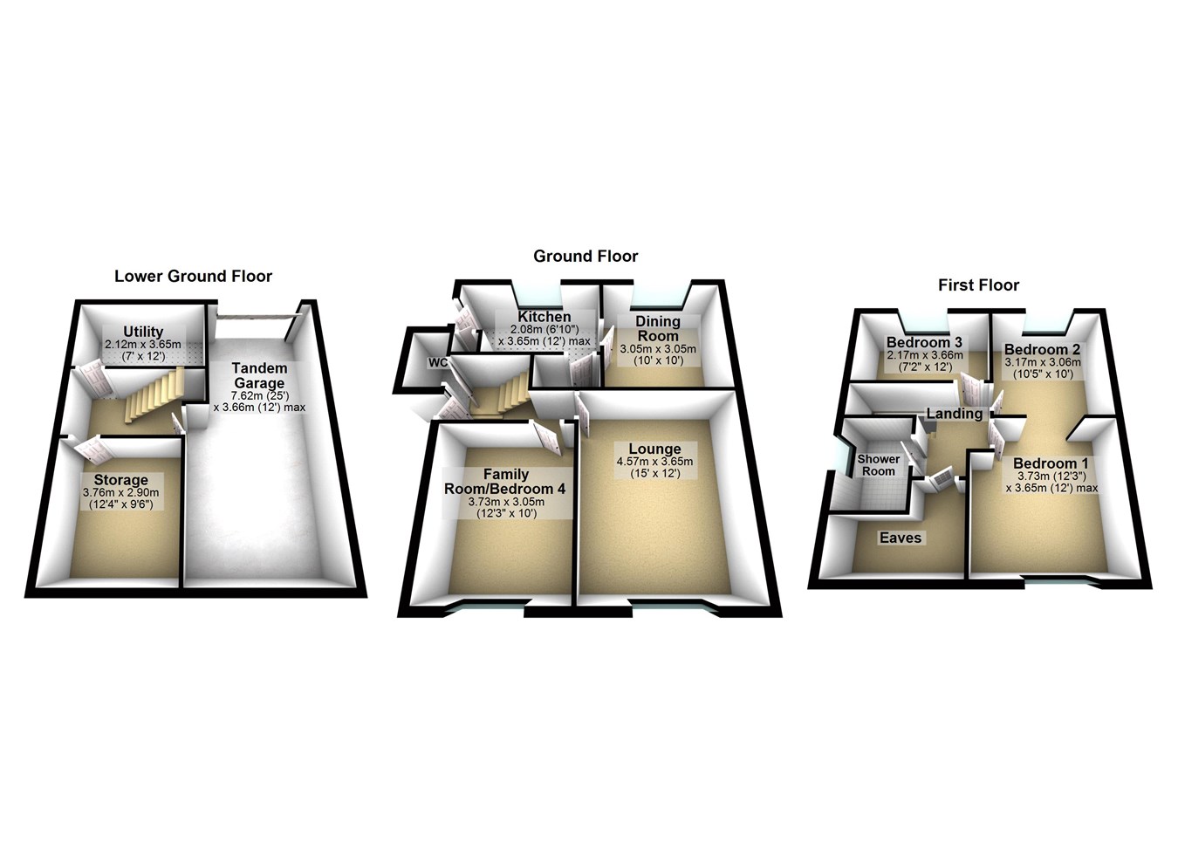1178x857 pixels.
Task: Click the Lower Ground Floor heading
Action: pos(193,277)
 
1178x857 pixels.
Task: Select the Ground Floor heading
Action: pos(586,257)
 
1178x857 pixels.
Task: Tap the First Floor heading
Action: pos(978,285)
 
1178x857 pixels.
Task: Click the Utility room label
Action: pos(143,332)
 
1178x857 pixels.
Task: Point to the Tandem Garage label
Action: pos(258,376)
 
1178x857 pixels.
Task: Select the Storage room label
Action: pos(121,480)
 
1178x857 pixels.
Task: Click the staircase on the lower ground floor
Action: pos(152,395)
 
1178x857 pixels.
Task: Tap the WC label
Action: pos(437,363)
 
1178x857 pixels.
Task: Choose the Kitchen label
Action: pos(544,317)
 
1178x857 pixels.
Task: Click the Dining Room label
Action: pos(658,328)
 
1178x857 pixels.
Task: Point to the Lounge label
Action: pos(654,449)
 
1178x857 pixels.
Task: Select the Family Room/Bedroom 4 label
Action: pos(504,482)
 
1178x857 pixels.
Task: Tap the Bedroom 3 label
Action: pos(924,343)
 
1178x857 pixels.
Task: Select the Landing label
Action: pos(954,414)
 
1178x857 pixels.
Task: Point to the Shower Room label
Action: pos(878,465)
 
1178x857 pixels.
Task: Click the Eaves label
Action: pos(900,538)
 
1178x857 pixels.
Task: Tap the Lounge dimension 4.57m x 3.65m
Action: pos(654,462)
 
